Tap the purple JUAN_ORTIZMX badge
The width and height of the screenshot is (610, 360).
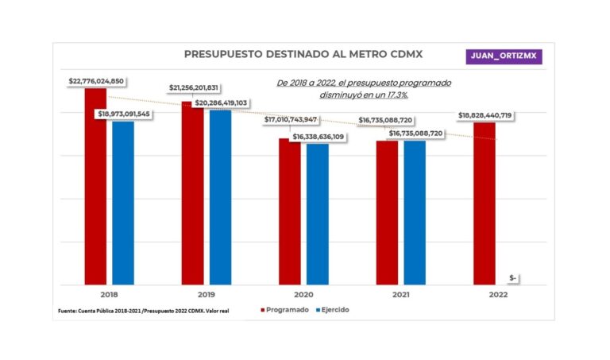[504, 56]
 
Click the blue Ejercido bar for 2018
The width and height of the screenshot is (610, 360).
[123, 203]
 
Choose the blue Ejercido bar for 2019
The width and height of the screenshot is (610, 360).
[220, 197]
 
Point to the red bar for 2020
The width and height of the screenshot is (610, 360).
[290, 211]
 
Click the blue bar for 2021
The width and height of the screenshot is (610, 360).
[415, 212]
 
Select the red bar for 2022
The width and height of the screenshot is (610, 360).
[485, 203]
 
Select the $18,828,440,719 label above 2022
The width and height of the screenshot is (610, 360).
[485, 116]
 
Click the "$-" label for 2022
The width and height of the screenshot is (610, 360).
[513, 277]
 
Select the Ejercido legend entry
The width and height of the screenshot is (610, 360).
[330, 310]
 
